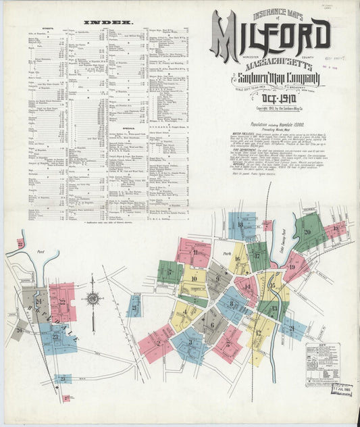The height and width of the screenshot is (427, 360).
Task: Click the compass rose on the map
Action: (x=93, y=299)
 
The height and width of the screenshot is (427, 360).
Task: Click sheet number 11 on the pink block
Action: (x=195, y=253)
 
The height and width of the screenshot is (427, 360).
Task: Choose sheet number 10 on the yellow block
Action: (x=194, y=278)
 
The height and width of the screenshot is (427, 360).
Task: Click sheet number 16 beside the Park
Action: (x=237, y=259)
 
